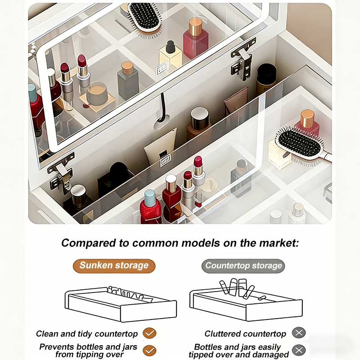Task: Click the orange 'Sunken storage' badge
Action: tap(114, 265)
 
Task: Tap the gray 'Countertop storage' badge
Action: tap(243, 265)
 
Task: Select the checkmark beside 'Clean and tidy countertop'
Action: tap(149, 333)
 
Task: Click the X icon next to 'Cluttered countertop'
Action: tap(299, 333)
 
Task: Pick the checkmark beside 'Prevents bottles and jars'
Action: tap(149, 351)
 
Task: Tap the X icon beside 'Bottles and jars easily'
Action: tap(299, 351)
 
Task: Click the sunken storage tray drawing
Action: tap(121, 303)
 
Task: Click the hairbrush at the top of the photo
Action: tap(144, 19)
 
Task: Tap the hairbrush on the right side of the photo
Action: tap(302, 145)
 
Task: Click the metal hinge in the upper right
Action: tap(243, 60)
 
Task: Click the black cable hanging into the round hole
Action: tap(163, 108)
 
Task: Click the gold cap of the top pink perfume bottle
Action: tap(195, 27)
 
